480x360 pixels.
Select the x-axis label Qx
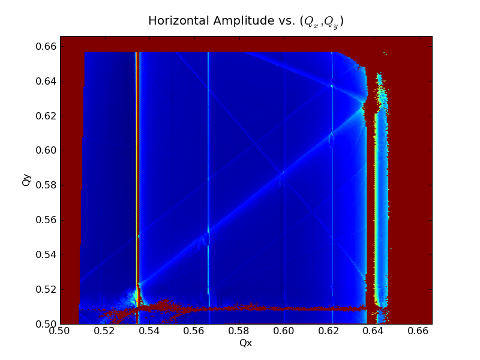(x=245, y=343)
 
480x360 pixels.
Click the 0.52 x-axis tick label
(x=104, y=331)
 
